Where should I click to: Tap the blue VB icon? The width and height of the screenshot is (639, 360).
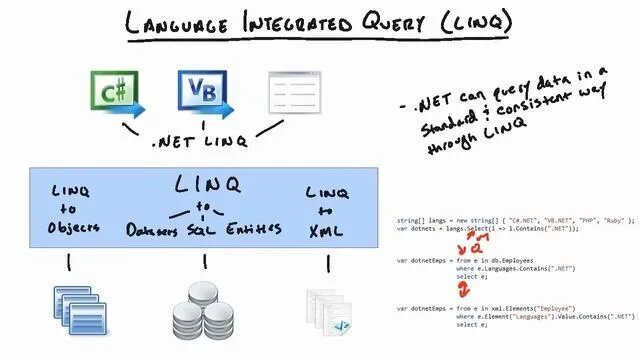pyautogui.click(x=204, y=92)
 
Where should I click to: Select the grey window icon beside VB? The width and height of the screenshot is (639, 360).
pyautogui.click(x=294, y=92)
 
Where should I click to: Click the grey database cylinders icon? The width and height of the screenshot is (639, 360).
pyautogui.click(x=204, y=309)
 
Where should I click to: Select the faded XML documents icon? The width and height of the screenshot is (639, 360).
pyautogui.click(x=328, y=311)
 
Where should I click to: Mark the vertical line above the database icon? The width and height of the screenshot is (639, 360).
pyautogui.click(x=205, y=263)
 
